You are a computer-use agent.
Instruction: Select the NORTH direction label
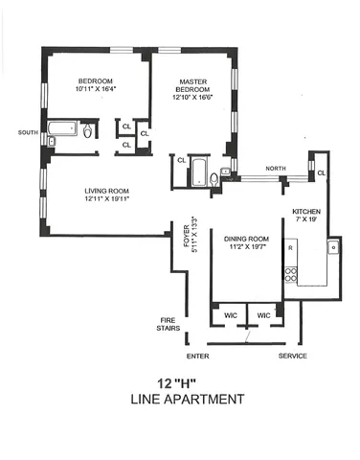(x=275, y=167)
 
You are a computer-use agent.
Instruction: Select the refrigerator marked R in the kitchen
(x=289, y=247)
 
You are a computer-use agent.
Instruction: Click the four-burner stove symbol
(x=289, y=274)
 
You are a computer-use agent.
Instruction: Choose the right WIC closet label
(x=264, y=313)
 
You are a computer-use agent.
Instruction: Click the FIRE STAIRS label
(x=172, y=327)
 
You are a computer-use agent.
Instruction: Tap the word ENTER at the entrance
(x=198, y=356)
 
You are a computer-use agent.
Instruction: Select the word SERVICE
(x=292, y=356)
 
